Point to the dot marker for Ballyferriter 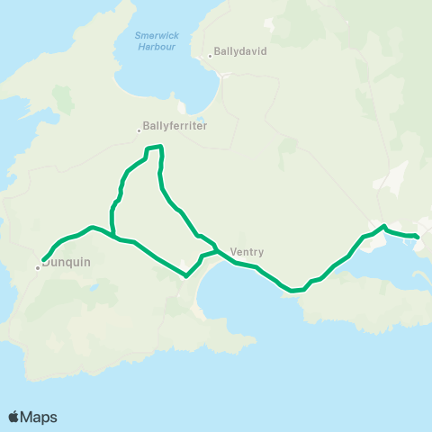coord(139,130)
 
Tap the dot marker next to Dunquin coord(38,267)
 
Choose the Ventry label coord(246,253)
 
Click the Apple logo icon coord(13,417)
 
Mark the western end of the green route coord(43,260)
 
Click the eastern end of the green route coord(418,237)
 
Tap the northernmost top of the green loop coord(154,147)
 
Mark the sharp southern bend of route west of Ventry coord(186,275)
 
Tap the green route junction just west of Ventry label coord(217,249)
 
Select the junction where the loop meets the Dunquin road coord(114,237)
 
